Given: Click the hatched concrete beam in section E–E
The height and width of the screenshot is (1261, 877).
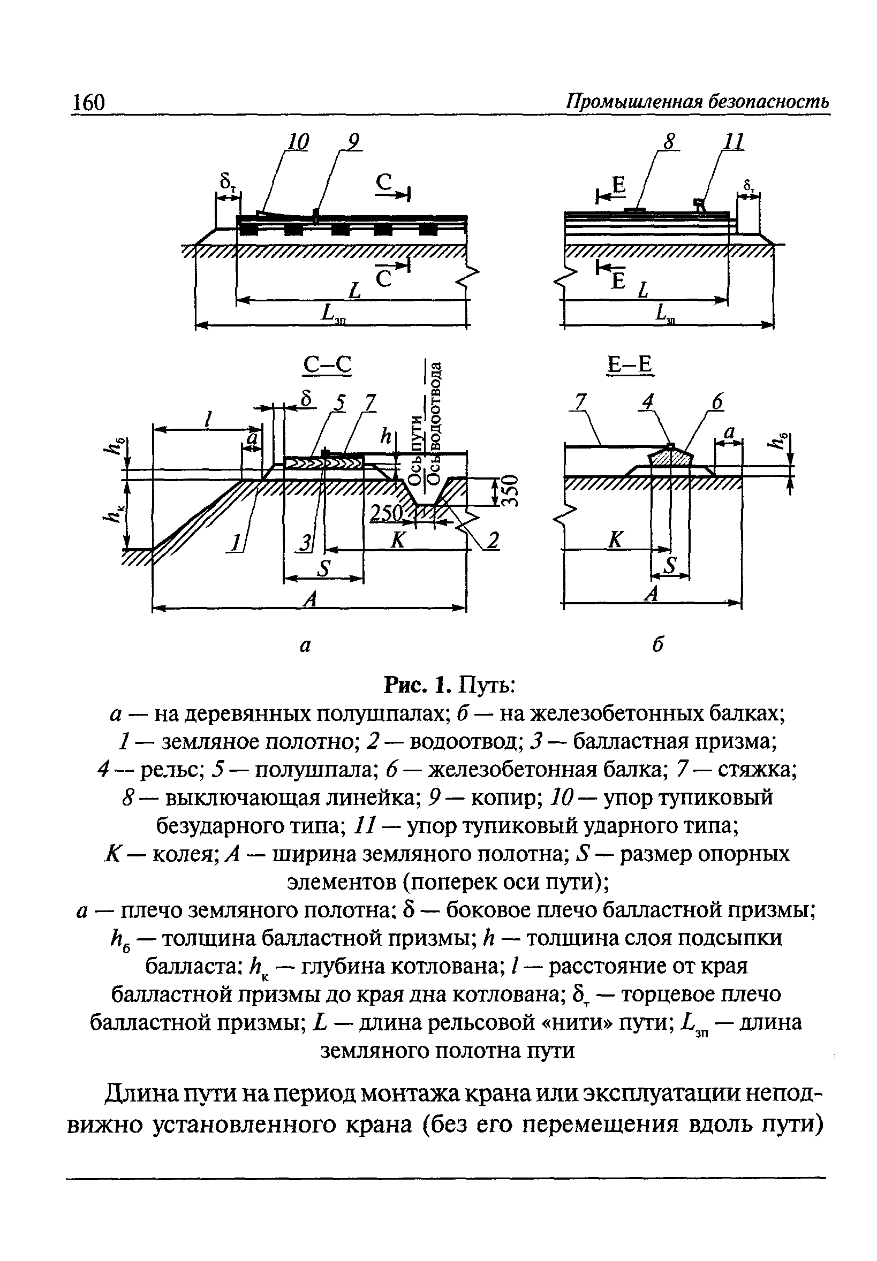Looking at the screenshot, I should click(x=670, y=457).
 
